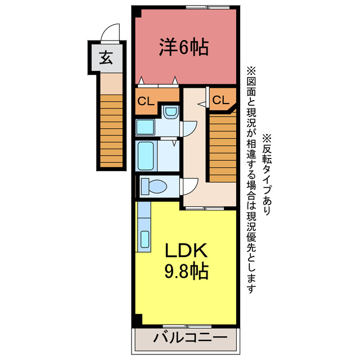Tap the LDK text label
tap(186, 250)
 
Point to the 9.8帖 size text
tap(186, 272)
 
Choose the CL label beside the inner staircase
tap(221, 100)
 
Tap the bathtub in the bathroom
tap(148, 156)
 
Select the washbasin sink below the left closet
tap(169, 113)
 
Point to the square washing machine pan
tap(146, 127)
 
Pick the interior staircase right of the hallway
tap(222, 146)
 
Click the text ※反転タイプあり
tap(267, 174)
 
